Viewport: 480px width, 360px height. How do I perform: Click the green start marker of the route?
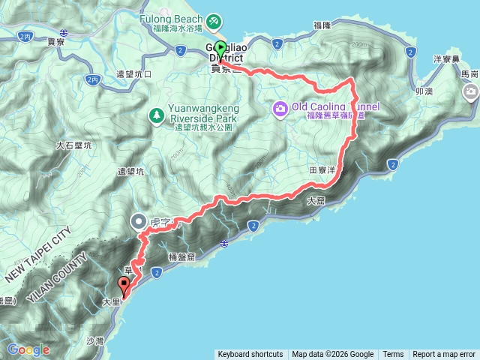219,48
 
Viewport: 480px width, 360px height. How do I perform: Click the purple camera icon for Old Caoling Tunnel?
280,109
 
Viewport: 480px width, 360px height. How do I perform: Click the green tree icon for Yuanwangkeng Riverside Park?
157,115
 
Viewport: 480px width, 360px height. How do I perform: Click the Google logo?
28,349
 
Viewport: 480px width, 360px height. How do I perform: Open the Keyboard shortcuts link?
250,355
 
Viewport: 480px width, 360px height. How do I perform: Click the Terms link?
393,355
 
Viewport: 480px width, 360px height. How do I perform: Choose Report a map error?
444,355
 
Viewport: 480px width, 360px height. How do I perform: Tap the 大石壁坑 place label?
73,145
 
